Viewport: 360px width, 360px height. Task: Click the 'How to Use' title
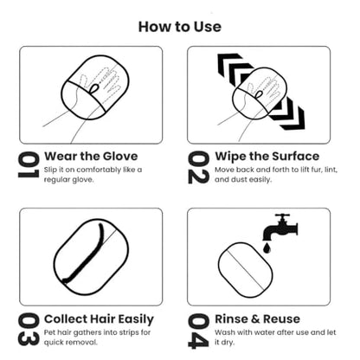(x=180, y=27)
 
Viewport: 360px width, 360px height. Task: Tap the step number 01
(x=29, y=165)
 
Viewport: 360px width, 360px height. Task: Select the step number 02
(x=198, y=167)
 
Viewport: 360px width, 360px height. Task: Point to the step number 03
(x=29, y=330)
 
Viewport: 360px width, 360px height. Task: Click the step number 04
(x=198, y=331)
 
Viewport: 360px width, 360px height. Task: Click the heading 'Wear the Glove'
(x=91, y=156)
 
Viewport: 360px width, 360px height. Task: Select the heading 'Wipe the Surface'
(x=267, y=156)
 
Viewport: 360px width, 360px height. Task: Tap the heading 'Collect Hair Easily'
(x=99, y=319)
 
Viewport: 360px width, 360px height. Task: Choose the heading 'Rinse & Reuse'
(x=258, y=319)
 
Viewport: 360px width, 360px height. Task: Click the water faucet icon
(x=280, y=228)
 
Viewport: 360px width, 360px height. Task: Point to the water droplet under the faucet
(x=267, y=248)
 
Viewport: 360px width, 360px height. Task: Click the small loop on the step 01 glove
(x=93, y=88)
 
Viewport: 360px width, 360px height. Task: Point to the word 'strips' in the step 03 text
(x=128, y=332)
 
